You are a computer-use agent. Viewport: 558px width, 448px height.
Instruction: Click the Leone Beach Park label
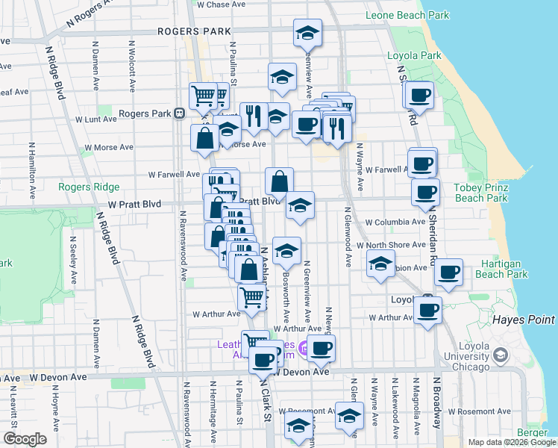(407, 15)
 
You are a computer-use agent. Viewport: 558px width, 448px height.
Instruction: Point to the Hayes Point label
(523, 320)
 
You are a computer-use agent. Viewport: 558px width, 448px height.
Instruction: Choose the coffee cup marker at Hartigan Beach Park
(448, 275)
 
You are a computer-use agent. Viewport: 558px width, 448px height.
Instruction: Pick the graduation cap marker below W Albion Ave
(380, 264)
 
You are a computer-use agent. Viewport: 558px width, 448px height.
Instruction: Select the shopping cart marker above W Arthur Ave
(252, 298)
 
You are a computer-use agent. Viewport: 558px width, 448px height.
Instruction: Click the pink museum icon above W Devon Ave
(303, 348)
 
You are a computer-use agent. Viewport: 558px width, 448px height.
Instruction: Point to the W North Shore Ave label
(390, 245)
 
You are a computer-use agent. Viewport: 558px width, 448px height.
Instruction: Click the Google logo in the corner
(25, 439)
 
